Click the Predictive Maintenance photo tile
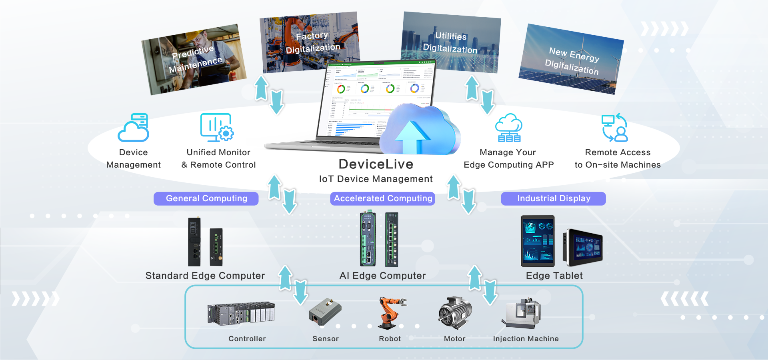pos(194,60)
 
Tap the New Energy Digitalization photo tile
pos(571,59)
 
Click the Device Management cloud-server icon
pos(134,128)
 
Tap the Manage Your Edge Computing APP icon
pos(508,128)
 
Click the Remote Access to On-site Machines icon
pos(615,128)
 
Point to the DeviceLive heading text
pos(376,164)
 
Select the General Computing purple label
pos(206,198)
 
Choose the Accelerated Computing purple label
pos(383,198)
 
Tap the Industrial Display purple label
pos(553,198)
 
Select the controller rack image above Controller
pos(241,314)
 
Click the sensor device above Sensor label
pos(325,312)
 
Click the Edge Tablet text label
pos(554,276)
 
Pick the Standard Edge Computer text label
pos(205,276)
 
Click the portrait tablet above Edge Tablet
pos(538,241)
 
